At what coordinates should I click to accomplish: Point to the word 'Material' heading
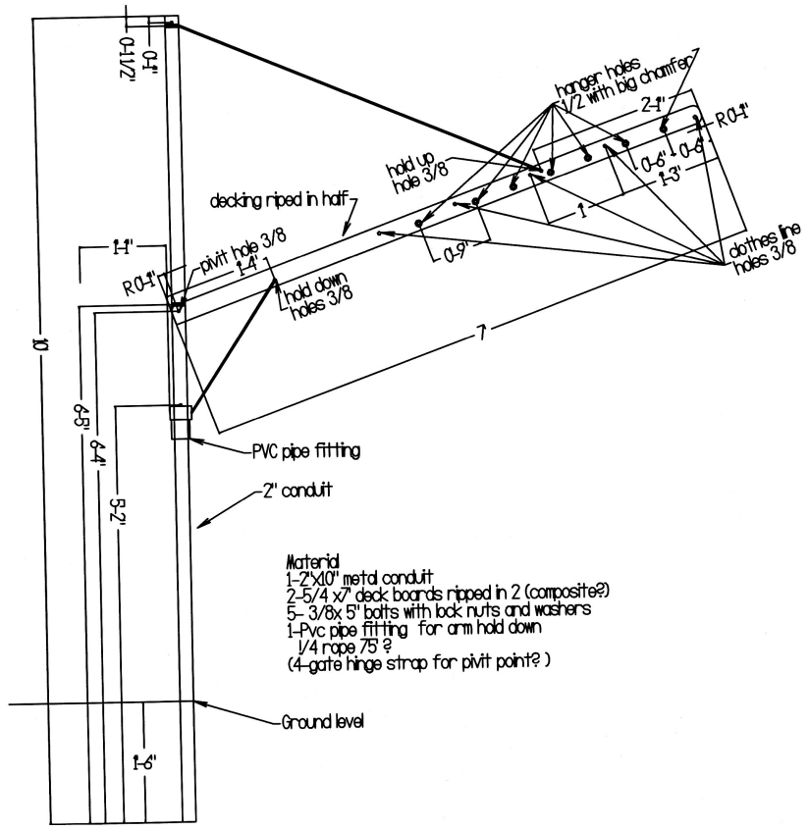point(308,566)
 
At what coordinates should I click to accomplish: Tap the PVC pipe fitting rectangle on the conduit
point(181,422)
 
